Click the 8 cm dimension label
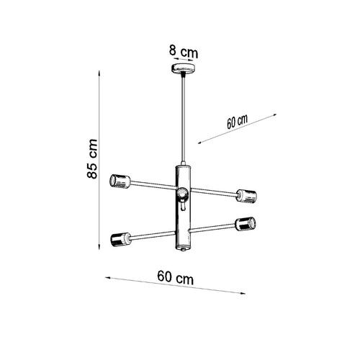point(184,51)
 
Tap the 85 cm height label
point(92,158)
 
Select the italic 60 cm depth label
point(237,122)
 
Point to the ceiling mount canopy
point(183,68)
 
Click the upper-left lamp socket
point(120,181)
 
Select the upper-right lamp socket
point(246,196)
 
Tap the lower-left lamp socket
point(121,239)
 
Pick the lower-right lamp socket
point(246,224)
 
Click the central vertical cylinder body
point(183,207)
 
